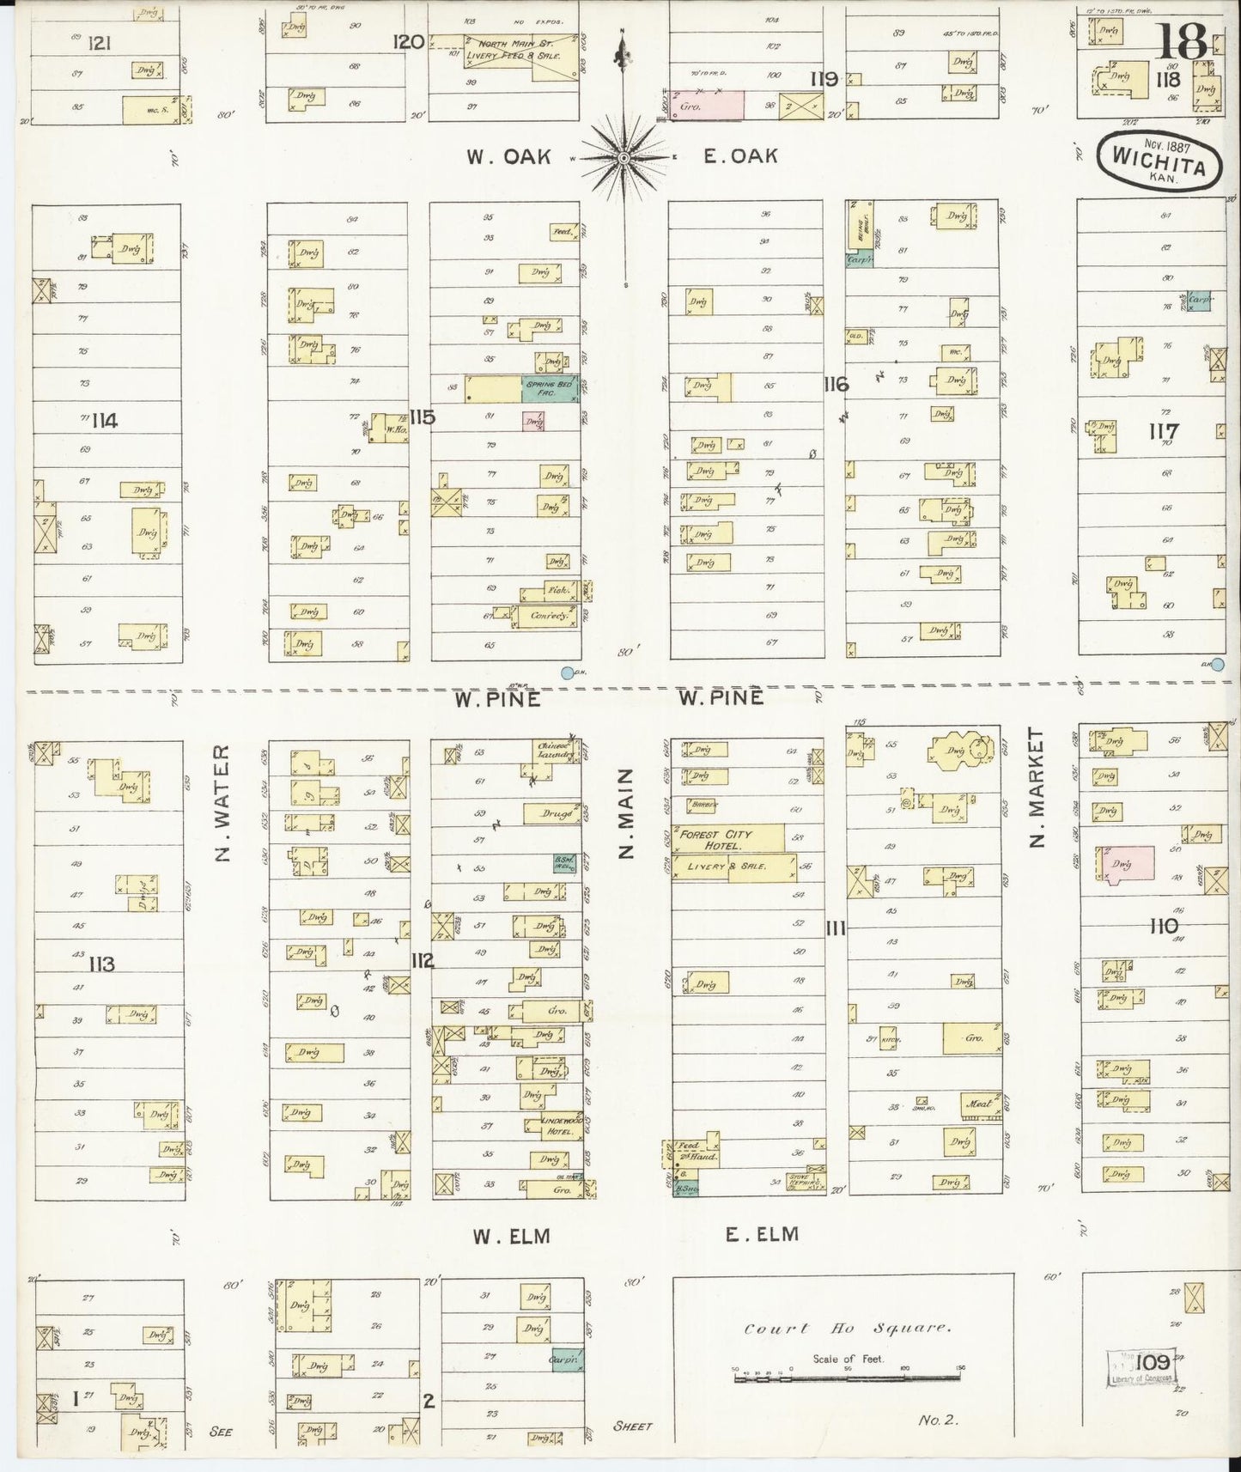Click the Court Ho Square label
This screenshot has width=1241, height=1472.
[846, 1328]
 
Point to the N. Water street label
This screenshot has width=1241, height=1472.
[221, 803]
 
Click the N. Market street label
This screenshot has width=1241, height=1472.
[1037, 788]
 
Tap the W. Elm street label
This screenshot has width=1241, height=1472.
[510, 1236]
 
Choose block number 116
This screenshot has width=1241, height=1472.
[835, 385]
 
